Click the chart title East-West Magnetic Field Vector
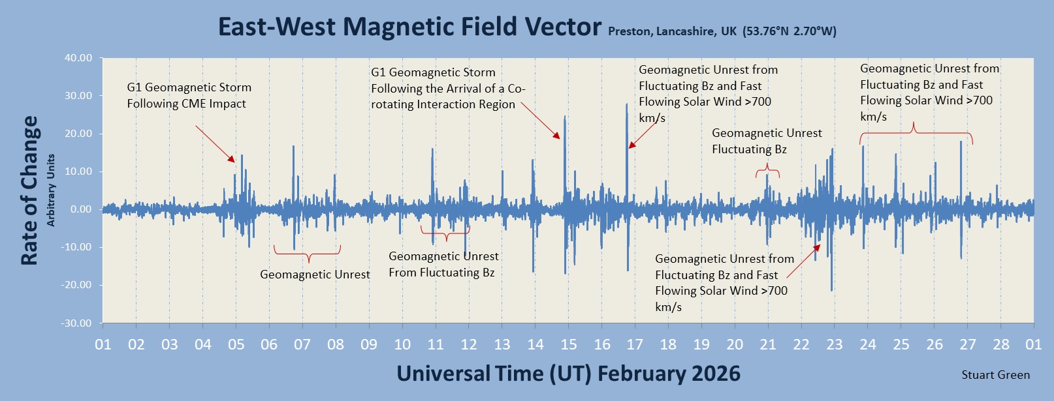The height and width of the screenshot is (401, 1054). click(409, 27)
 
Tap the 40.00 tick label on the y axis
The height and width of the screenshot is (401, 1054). click(78, 58)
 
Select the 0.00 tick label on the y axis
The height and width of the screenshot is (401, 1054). click(81, 209)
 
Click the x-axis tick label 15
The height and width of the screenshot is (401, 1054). click(568, 344)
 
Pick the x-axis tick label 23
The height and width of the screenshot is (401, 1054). click(835, 344)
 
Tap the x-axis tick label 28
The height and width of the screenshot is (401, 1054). click(1000, 344)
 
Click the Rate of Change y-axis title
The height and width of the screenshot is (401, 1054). click(29, 190)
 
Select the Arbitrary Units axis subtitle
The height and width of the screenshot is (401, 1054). click(51, 190)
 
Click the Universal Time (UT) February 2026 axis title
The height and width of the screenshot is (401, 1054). click(568, 374)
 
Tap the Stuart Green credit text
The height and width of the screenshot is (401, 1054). click(995, 375)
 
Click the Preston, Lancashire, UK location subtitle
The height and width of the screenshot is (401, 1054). click(722, 31)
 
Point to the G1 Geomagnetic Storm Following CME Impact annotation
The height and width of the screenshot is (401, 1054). click(189, 95)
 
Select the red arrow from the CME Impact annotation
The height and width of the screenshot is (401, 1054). click(215, 144)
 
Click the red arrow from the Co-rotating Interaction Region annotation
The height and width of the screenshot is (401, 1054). click(540, 121)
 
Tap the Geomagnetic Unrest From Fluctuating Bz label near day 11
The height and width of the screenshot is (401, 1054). click(443, 265)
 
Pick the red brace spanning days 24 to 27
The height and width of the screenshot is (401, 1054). click(916, 133)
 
